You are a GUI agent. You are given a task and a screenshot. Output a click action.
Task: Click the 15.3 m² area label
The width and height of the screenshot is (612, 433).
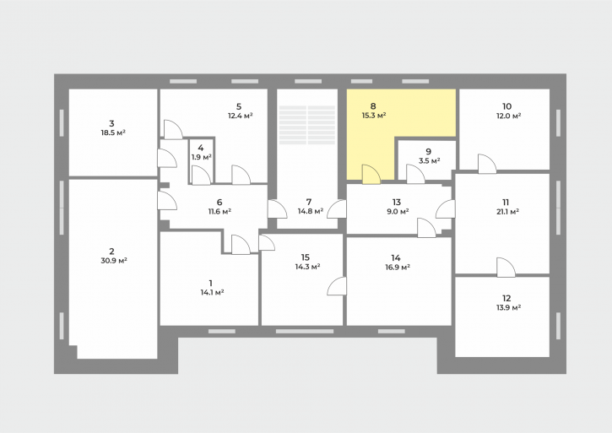pos(374,116)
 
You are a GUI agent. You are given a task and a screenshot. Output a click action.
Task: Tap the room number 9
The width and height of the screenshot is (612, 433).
pos(429,151)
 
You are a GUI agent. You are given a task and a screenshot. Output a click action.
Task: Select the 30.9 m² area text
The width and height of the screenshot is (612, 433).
pos(114,261)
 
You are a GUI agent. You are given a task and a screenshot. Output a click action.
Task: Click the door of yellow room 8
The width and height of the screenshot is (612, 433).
pos(371,174)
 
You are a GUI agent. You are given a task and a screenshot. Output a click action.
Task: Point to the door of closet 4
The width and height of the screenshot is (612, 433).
pos(202,176)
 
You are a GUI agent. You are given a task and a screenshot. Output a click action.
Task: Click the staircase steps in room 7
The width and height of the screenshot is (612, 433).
pos(307,125)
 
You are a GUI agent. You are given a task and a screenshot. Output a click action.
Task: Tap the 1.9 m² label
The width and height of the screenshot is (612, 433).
pos(202,157)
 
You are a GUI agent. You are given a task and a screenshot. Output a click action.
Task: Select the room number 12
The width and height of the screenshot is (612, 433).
pos(506,298)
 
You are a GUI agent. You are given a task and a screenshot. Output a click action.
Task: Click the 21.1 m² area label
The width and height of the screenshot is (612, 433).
pos(508,212)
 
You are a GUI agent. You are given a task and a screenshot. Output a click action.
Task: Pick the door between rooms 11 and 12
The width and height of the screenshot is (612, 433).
pos(506,268)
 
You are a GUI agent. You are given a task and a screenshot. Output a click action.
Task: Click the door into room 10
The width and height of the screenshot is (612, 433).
pos(487,164)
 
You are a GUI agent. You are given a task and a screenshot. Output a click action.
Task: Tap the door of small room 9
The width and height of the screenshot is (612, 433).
pos(415,174)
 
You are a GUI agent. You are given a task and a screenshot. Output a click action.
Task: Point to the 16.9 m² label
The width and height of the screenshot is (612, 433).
pos(397,267)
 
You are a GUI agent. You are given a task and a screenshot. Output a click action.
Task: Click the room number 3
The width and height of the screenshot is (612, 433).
pos(111,123)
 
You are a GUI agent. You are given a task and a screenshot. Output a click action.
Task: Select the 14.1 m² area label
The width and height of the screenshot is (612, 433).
pos(212,292)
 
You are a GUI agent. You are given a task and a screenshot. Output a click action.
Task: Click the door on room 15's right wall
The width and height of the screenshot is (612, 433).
pos(337,286)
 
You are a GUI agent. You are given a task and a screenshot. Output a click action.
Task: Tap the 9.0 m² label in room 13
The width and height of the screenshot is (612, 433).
pos(397,211)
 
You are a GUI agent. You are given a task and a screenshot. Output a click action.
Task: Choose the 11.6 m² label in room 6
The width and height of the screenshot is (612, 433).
pos(219,211)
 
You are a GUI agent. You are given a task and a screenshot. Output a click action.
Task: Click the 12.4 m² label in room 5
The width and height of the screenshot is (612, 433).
pos(240,116)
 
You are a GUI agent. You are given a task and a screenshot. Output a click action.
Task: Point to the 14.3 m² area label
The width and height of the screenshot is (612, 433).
pos(307,267)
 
